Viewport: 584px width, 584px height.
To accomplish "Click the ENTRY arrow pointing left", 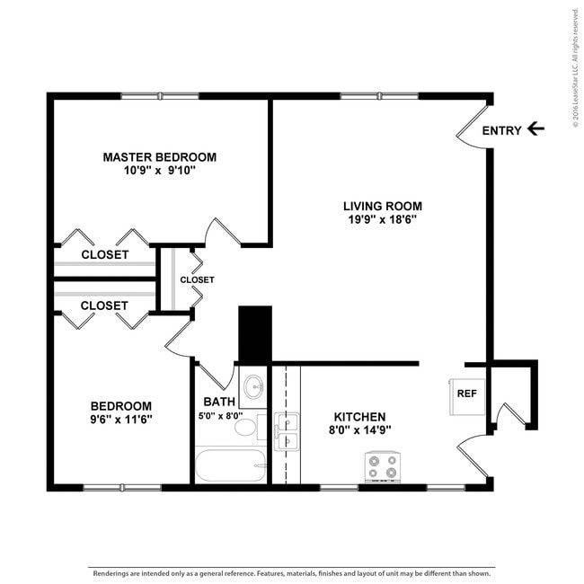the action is point(536,128).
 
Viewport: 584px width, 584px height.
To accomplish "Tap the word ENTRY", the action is point(501,131).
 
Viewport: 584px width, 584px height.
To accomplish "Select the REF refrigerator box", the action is point(467,397).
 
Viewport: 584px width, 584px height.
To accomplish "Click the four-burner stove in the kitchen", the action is point(383,467).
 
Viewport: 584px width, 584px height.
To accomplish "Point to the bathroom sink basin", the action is point(253,387).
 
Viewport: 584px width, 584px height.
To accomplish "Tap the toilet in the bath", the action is point(251,427).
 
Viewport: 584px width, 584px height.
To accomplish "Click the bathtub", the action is point(231,465).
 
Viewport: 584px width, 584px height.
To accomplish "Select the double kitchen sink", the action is point(287,431).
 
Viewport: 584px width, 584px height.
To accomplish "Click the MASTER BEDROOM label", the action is point(160,157).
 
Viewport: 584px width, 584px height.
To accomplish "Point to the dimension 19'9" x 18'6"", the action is point(383,219).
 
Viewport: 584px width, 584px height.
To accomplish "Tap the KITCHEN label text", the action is point(359,417).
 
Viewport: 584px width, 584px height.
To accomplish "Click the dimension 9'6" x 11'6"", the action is point(121,420).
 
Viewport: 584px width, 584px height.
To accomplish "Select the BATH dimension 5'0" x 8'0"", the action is point(220,416).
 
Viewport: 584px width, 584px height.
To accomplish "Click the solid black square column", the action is point(255,334).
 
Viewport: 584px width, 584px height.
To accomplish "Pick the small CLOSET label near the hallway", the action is point(197,279).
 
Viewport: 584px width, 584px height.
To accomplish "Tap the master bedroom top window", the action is point(160,96).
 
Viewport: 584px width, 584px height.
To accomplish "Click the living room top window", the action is point(379,96).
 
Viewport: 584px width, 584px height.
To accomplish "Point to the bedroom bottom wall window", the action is point(122,488).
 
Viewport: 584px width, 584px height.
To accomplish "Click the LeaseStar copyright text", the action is point(576,67).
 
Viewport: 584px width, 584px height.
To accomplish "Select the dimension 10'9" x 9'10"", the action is point(160,171).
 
